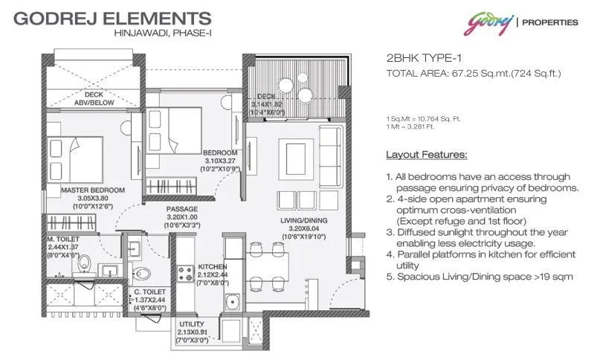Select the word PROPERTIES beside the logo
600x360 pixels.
[x=550, y=22]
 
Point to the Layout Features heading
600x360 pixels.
[x=426, y=155]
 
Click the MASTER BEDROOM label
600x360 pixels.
[x=93, y=190]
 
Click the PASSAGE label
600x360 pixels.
[x=181, y=209]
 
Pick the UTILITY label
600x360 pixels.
[x=192, y=324]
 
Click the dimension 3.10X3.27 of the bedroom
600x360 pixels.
[x=221, y=160]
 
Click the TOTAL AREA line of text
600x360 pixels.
[x=473, y=74]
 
